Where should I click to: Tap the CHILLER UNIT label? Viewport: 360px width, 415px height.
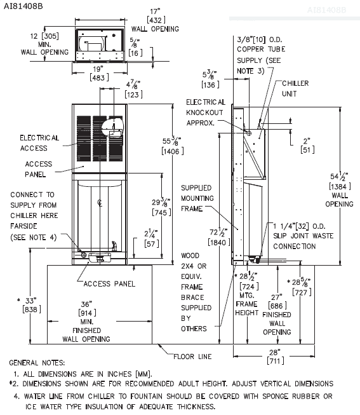click(297, 88)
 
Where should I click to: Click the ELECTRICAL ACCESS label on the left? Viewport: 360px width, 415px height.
click(39, 142)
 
